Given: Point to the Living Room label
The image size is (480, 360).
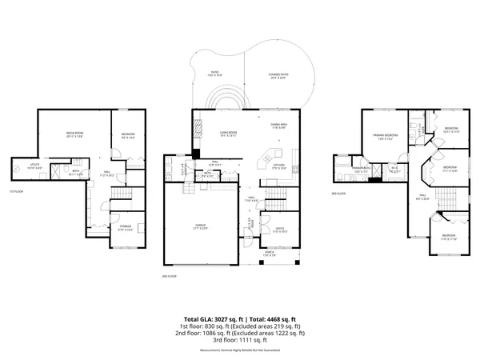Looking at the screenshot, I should [x=229, y=133].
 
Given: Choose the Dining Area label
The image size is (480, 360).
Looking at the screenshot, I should [x=278, y=125].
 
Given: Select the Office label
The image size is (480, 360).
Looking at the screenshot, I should [x=279, y=229].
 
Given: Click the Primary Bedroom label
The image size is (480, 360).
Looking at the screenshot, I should [x=385, y=136].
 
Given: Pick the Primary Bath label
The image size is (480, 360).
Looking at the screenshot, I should [x=362, y=169].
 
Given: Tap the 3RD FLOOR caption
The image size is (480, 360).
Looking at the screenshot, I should [x=339, y=194].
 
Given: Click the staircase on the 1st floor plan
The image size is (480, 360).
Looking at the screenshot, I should [x=119, y=197].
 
